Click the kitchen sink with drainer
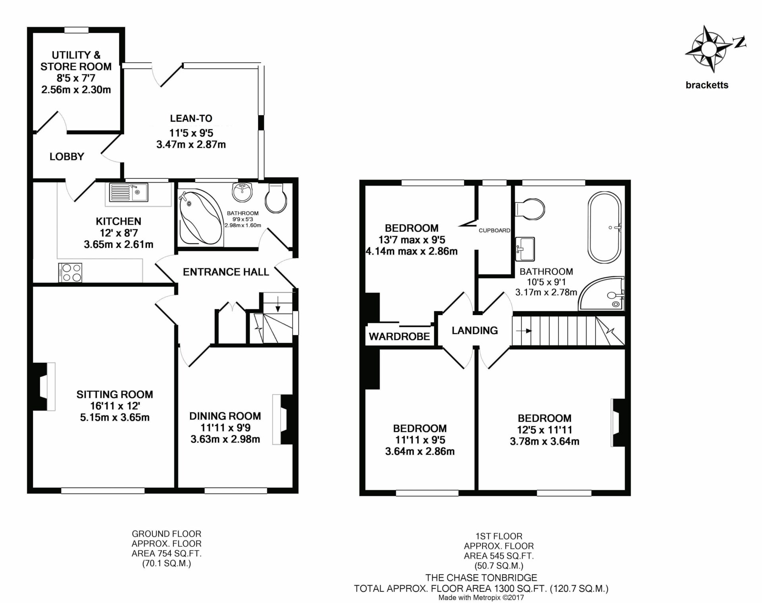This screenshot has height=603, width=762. pos(128,192)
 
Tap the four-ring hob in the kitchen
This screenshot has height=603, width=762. pos(70,273)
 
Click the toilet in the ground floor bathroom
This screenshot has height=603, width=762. pos(276,197)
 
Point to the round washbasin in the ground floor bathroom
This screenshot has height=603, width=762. pos(242,192)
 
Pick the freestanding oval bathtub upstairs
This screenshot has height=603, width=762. pos(605,228)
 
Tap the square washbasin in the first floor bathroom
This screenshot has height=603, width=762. pos(525,249)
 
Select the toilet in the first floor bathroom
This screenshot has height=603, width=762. pos(529,209)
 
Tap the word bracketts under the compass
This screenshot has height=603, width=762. pos(707,85)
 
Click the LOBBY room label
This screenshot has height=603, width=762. pos(67,157)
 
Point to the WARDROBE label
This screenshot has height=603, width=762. pos(399,337)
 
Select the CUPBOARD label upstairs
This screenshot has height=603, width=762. pos(494,230)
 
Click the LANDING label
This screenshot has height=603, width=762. pos(475,330)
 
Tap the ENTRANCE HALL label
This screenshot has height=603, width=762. pos(226,272)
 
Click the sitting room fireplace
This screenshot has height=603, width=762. pos(44,387)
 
